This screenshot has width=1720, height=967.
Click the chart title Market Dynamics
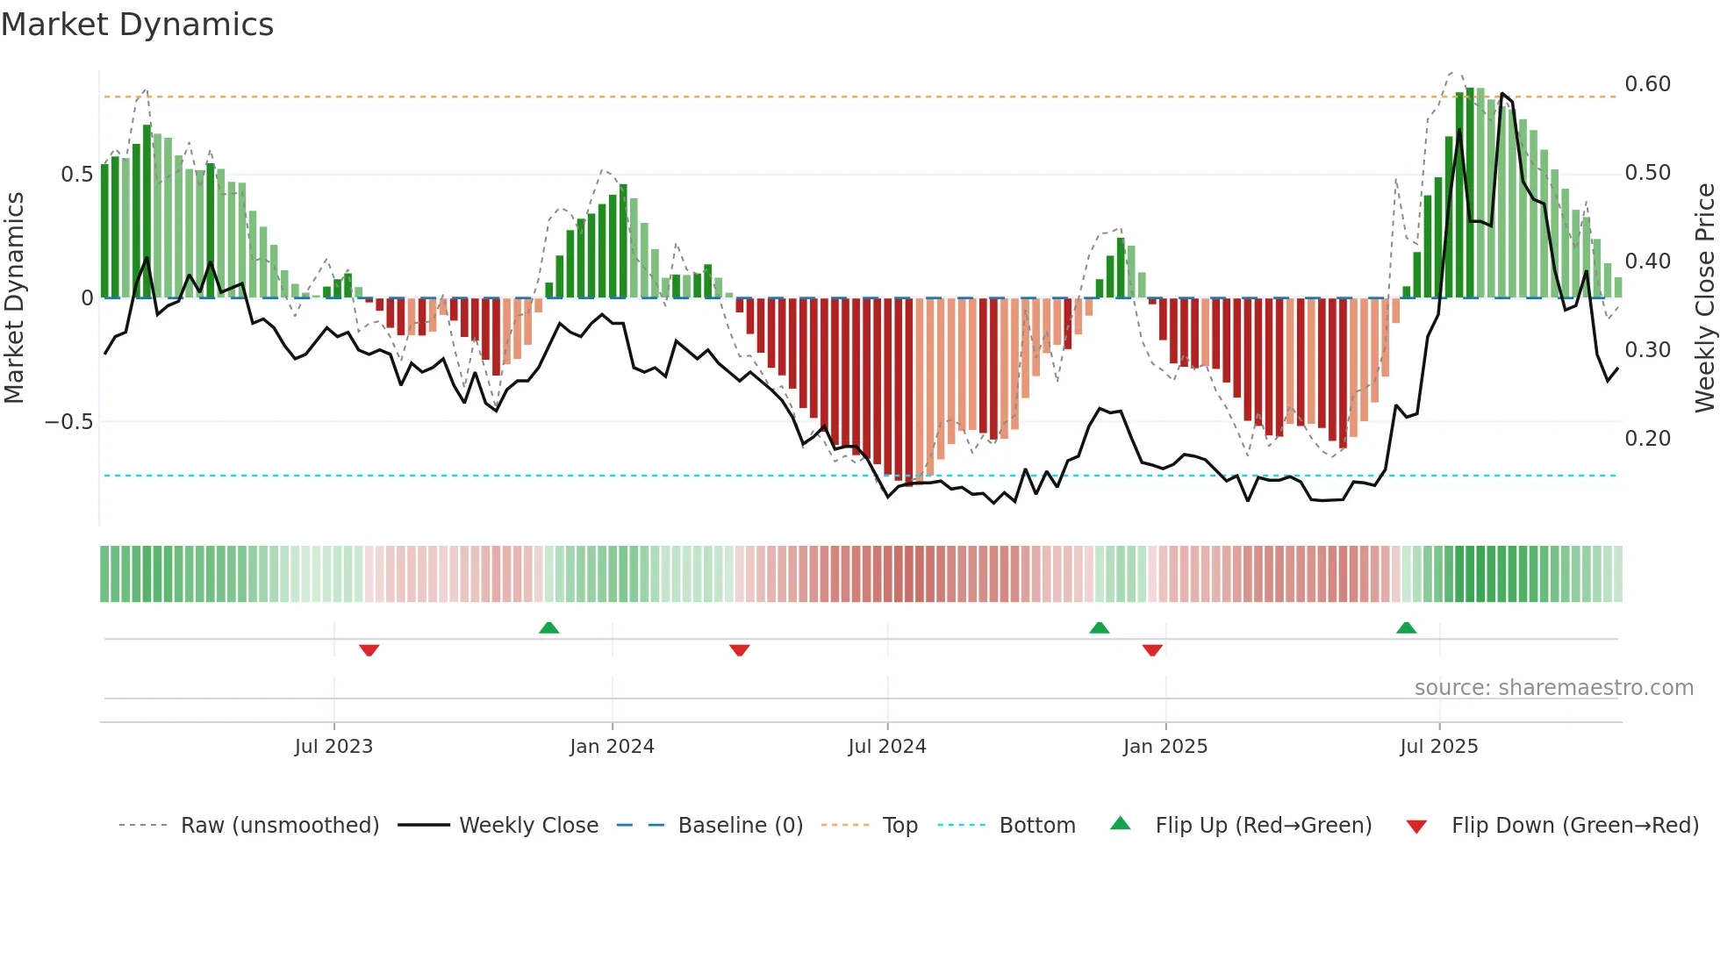tap(138, 25)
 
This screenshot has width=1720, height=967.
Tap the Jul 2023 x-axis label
tap(333, 747)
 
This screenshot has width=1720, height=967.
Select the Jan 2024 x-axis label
tap(612, 747)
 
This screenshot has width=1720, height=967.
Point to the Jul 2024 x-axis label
tap(887, 747)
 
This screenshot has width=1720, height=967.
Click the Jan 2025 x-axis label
tap(1165, 747)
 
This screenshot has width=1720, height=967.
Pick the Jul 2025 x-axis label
tap(1439, 747)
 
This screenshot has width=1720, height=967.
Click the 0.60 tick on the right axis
tap(1647, 84)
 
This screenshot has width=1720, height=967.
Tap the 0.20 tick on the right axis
tap(1647, 439)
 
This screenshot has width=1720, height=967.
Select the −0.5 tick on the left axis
tap(69, 422)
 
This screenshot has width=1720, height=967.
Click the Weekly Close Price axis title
tap(1704, 297)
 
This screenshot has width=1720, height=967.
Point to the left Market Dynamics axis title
tap(14, 297)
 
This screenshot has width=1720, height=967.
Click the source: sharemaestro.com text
tap(1553, 688)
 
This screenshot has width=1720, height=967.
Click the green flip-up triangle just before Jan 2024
tap(548, 628)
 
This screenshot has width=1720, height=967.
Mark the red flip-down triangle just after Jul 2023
tap(369, 650)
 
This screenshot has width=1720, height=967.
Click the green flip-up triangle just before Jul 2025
tap(1406, 628)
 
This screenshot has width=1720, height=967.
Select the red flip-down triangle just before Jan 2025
tap(1152, 650)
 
